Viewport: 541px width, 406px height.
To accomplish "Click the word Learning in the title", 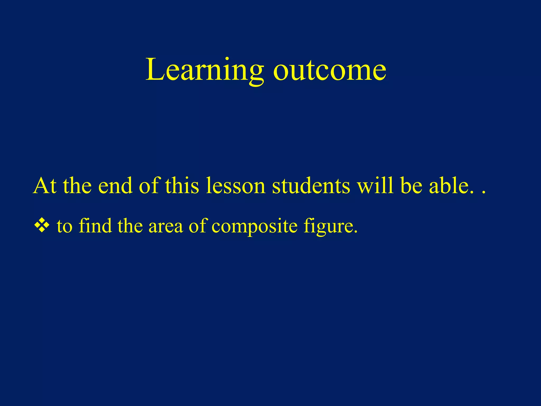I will coord(205,70).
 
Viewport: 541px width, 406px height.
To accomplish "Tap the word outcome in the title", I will coord(329,70).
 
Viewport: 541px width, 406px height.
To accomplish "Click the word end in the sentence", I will coord(115,186).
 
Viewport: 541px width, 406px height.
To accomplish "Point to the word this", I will coord(182,186).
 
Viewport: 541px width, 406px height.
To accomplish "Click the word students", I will coord(311,186).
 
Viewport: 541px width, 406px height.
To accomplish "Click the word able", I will coord(451,186).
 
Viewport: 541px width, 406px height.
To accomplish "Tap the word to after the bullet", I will coord(64,226).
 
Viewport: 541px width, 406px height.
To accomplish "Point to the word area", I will coord(166,226).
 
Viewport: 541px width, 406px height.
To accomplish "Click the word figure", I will coord(330,226).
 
